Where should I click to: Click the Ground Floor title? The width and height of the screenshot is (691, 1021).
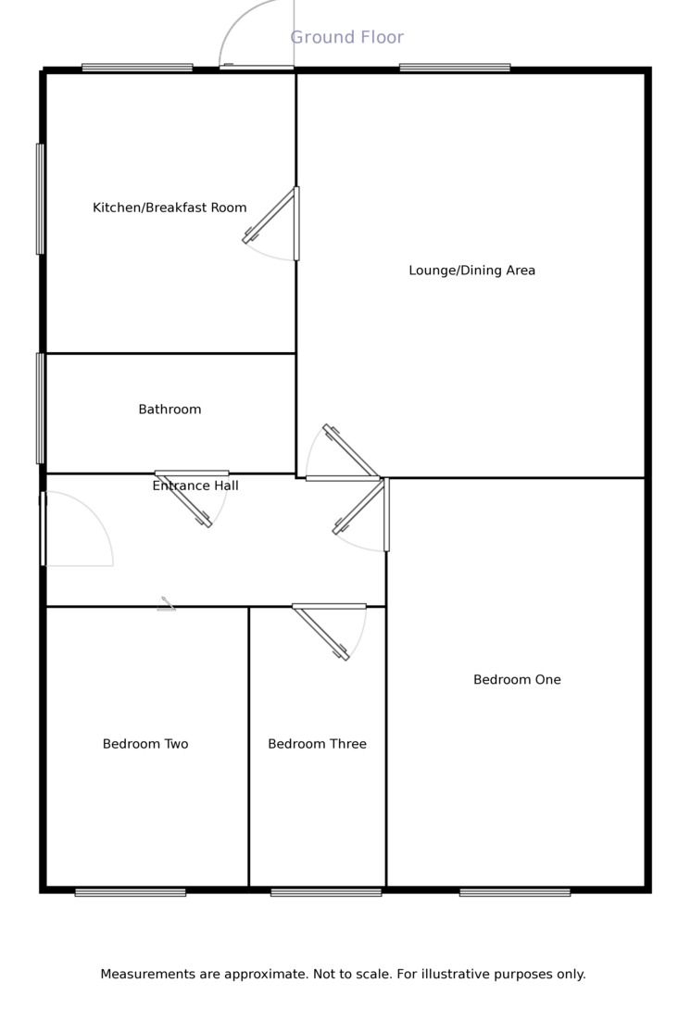click(x=346, y=37)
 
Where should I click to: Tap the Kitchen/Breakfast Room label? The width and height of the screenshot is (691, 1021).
click(x=170, y=208)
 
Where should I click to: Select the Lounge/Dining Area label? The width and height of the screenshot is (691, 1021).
click(x=471, y=271)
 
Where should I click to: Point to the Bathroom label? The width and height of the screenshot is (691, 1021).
click(x=170, y=410)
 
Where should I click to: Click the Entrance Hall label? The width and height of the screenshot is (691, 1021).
click(x=195, y=485)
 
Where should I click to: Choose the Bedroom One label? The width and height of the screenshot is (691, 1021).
click(x=517, y=680)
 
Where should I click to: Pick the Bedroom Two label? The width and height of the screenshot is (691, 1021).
click(x=145, y=744)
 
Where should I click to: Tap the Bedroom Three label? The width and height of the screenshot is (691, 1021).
click(x=317, y=744)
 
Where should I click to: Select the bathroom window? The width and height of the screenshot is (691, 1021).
click(x=40, y=408)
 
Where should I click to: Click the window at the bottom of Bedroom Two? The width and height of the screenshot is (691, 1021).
click(x=131, y=893)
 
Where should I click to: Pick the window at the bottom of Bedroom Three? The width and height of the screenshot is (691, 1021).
click(x=326, y=893)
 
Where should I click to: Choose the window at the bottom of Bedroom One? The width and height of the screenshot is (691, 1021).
click(x=515, y=893)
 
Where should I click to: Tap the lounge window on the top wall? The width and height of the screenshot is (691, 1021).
click(x=455, y=68)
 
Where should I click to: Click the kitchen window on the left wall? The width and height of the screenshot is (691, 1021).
click(x=40, y=198)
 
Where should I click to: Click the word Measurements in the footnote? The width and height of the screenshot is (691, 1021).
click(x=148, y=975)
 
